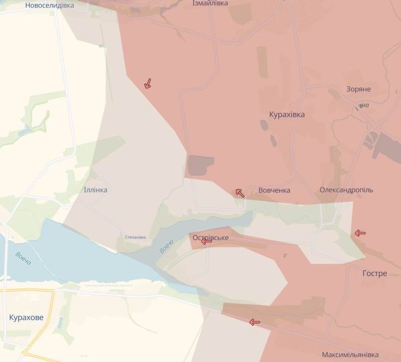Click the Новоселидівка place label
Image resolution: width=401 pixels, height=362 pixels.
tap(49, 5)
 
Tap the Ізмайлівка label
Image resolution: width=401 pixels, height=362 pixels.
tap(210, 3)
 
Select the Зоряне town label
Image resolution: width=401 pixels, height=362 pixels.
tap(358, 89)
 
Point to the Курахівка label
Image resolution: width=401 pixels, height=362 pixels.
tap(287, 114)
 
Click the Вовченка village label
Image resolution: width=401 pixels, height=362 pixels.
tap(274, 190)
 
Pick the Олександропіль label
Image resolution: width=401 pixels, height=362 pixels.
tap(346, 190)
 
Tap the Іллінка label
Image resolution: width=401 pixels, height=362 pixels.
tap(95, 190)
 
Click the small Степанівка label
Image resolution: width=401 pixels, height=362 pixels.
tap(135, 237)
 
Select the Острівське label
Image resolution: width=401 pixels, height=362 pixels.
tap(211, 237)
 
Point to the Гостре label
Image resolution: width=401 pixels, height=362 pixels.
tap(374, 273)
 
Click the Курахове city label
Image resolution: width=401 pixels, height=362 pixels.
tap(26, 318)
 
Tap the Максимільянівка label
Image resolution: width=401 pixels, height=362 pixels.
tap(350, 355)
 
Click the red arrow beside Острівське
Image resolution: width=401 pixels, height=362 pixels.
tap(206, 242)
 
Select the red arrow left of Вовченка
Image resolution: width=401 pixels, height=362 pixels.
tap(240, 192)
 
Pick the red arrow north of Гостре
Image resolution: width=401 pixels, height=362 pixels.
tap(360, 233)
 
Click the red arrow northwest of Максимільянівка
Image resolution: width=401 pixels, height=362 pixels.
tap(255, 322)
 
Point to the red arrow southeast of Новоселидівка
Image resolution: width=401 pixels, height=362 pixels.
tap(148, 84)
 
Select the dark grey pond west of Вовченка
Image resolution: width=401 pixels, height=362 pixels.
tap(201, 166)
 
